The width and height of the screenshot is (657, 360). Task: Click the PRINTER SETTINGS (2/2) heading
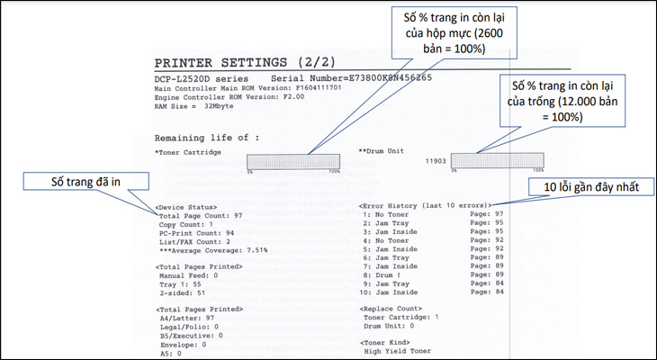point(245,63)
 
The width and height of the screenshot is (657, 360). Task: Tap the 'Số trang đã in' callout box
point(85,182)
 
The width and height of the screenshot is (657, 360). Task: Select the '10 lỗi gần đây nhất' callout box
point(591,187)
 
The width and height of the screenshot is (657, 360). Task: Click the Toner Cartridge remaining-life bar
point(293,162)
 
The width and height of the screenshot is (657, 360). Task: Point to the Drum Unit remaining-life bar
point(498,160)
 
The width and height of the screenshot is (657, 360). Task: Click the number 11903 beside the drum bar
point(436,161)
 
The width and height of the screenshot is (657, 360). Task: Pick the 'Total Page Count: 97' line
point(201,216)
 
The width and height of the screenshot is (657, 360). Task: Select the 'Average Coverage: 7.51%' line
point(213,250)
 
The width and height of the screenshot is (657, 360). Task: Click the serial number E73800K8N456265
point(371,78)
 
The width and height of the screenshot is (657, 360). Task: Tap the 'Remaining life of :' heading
point(207,139)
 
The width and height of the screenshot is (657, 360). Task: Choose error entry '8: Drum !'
point(382,274)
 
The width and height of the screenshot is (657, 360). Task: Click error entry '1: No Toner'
point(385,214)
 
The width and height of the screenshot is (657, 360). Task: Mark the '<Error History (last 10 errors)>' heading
point(426,206)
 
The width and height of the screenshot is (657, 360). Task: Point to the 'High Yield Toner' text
point(397,351)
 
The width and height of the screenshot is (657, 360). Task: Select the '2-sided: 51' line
point(183,292)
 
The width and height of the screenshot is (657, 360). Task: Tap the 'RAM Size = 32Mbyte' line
point(194,106)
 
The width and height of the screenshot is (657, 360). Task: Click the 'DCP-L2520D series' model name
point(201,79)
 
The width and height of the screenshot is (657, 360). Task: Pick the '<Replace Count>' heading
point(391,309)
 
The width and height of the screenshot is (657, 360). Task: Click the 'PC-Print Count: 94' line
point(196,233)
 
